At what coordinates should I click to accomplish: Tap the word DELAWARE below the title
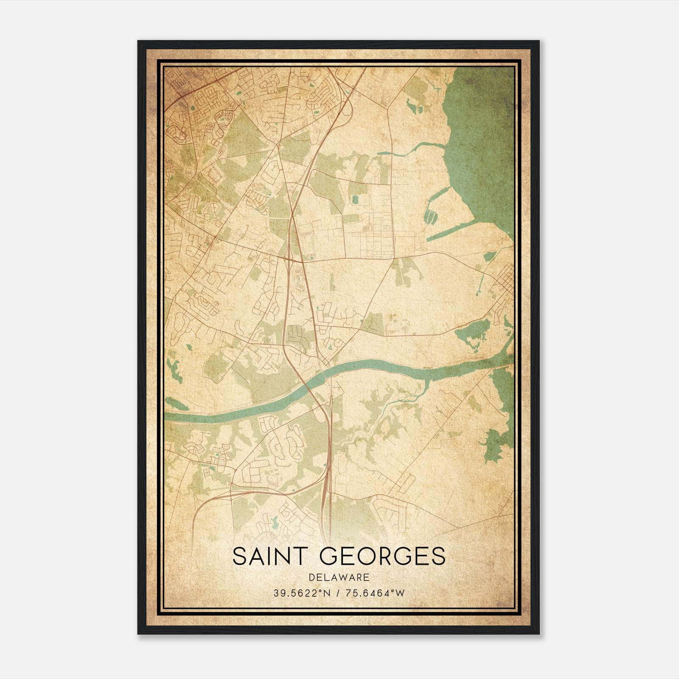(x=339, y=578)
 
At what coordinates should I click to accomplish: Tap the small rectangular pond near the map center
(x=355, y=199)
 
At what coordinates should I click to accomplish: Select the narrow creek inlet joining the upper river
(x=416, y=149)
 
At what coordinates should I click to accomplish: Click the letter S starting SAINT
(x=239, y=556)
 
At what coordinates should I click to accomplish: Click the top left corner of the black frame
(x=138, y=42)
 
